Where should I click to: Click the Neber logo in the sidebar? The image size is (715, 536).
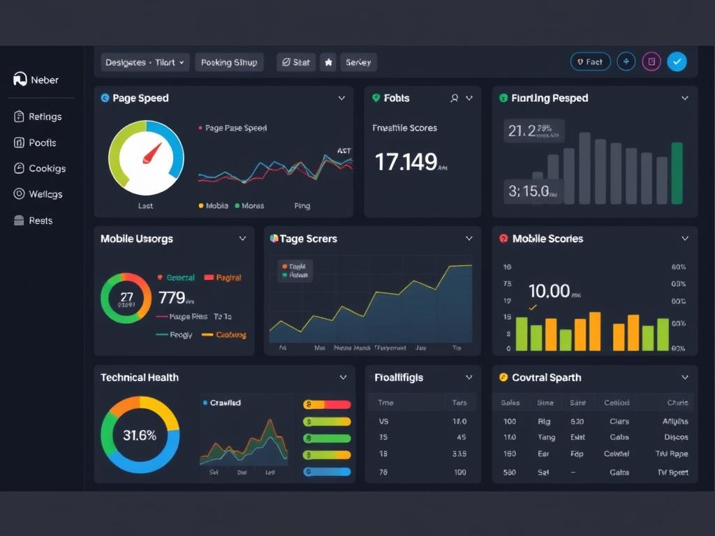pyautogui.click(x=20, y=80)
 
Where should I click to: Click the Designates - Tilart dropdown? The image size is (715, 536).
pyautogui.click(x=145, y=62)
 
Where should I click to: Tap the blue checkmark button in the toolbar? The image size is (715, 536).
pyautogui.click(x=677, y=62)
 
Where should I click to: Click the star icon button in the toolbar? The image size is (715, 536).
pyautogui.click(x=328, y=62)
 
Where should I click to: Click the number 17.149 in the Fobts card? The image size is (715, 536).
pyautogui.click(x=406, y=162)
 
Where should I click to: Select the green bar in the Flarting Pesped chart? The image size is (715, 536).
pyautogui.click(x=677, y=173)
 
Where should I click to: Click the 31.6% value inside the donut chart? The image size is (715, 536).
pyautogui.click(x=140, y=435)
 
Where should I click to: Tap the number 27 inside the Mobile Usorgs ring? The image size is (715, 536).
pyautogui.click(x=126, y=295)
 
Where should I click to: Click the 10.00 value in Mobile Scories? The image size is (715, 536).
pyautogui.click(x=549, y=291)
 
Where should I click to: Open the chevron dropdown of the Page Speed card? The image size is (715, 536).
pyautogui.click(x=341, y=98)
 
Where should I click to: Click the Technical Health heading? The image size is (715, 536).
pyautogui.click(x=140, y=378)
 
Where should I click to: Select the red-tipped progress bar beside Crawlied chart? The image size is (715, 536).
pyautogui.click(x=327, y=404)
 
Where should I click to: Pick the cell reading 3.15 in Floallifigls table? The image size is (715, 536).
pyautogui.click(x=459, y=454)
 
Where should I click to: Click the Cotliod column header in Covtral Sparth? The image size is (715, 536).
pyautogui.click(x=617, y=403)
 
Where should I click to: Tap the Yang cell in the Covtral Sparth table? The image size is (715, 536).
pyautogui.click(x=546, y=438)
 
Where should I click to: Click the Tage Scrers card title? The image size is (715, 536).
pyautogui.click(x=308, y=239)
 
